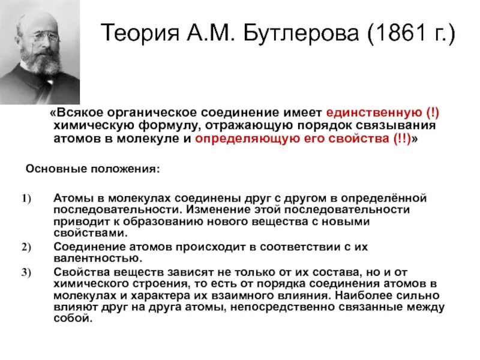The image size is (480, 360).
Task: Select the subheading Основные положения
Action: (x=92, y=169)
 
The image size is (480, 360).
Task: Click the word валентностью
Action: (x=97, y=258)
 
